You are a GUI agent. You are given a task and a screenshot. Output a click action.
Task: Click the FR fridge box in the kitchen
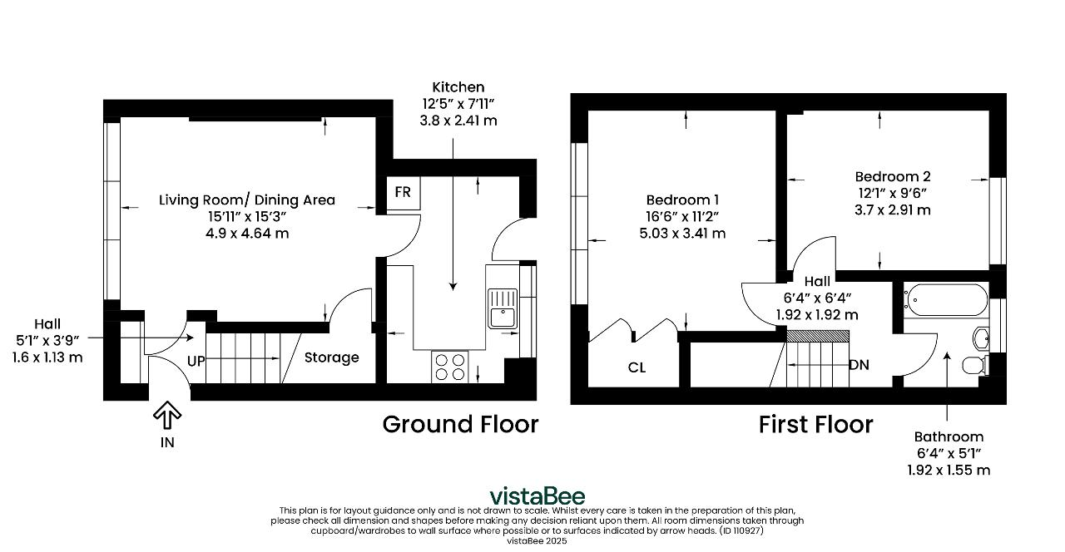click(404, 193)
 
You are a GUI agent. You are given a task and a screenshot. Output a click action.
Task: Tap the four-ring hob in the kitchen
click(450, 367)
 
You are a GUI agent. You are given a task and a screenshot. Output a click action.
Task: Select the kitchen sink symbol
click(503, 308)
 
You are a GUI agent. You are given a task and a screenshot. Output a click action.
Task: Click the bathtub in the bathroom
click(946, 300)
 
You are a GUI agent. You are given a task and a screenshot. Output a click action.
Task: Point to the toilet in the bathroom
click(974, 365)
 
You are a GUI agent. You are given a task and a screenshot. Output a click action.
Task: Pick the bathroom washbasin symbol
click(981, 338)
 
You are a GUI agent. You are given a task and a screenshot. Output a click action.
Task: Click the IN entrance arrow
click(167, 414)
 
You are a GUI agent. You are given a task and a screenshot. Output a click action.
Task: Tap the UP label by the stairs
click(196, 362)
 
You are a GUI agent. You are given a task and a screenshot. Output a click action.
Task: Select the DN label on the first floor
click(859, 365)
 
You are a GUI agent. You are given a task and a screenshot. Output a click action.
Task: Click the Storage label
click(331, 357)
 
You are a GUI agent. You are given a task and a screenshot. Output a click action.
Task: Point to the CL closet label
click(637, 367)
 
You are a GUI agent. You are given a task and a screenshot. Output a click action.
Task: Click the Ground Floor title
click(460, 424)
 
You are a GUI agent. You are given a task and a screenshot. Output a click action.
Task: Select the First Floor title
click(816, 424)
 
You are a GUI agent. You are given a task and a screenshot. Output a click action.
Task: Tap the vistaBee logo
click(537, 496)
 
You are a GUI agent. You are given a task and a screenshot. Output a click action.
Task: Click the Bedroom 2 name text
click(893, 177)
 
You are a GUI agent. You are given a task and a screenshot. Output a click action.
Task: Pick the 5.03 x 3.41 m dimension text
click(682, 234)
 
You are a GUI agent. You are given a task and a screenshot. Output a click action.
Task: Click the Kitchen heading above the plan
click(458, 87)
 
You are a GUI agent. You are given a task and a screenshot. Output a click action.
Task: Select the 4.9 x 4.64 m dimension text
click(247, 234)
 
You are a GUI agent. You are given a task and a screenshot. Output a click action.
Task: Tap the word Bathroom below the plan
click(949, 436)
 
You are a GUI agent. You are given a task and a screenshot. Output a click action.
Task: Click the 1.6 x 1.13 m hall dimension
click(47, 357)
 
